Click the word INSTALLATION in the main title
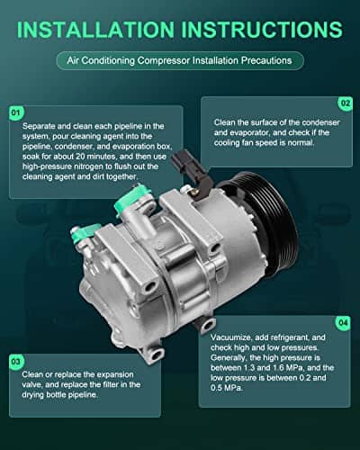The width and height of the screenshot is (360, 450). click(95, 30)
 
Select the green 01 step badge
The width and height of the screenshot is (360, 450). click(16, 113)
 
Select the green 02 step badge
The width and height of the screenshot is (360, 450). click(346, 103)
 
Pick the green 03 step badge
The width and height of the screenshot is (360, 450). click(16, 362)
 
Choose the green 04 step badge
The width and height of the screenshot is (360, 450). click(343, 323)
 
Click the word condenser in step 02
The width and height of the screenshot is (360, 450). click(320, 122)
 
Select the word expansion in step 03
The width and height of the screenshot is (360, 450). click(115, 374)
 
